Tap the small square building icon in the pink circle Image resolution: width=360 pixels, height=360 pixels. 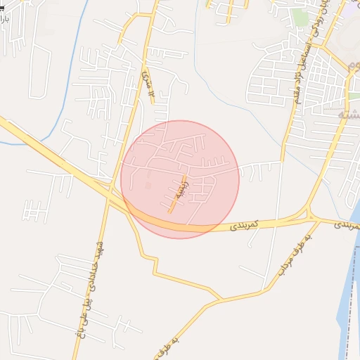pyautogui.click(x=148, y=185)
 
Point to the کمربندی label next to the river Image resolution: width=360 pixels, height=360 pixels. pyautogui.click(x=347, y=225)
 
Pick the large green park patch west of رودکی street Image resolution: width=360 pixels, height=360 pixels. pyautogui.click(x=301, y=18)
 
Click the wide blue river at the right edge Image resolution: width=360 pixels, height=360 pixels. pyautogui.click(x=349, y=295)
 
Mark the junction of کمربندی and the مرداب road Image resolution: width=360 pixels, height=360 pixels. pyautogui.click(x=307, y=217)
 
